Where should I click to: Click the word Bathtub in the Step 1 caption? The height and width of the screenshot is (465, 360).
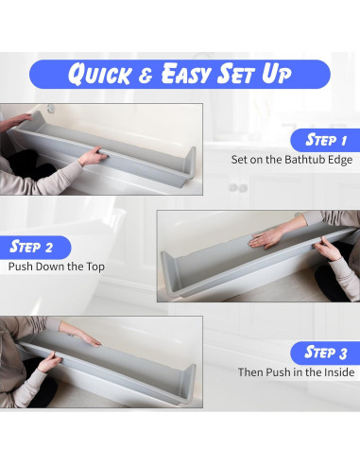(301, 159)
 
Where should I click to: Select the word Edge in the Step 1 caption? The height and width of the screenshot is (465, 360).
(339, 159)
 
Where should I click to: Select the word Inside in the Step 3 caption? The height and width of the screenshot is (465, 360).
(336, 372)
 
